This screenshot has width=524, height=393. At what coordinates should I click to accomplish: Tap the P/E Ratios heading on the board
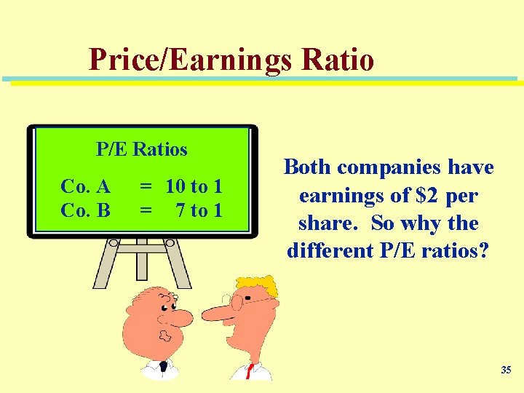click(142, 149)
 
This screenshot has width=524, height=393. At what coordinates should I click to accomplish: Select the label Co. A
click(86, 186)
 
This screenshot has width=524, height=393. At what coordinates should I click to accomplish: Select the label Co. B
click(86, 210)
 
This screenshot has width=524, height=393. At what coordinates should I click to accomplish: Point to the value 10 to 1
click(194, 186)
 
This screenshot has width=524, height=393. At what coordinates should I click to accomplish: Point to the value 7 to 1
click(199, 210)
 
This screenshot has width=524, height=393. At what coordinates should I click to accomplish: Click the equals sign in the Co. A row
click(146, 186)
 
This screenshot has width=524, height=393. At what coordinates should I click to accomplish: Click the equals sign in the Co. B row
click(146, 210)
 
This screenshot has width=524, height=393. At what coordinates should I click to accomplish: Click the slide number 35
click(506, 370)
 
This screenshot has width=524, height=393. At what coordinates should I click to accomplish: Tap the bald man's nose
click(180, 317)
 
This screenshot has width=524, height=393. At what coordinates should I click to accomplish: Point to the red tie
click(250, 372)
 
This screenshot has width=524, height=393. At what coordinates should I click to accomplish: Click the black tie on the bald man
click(163, 368)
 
